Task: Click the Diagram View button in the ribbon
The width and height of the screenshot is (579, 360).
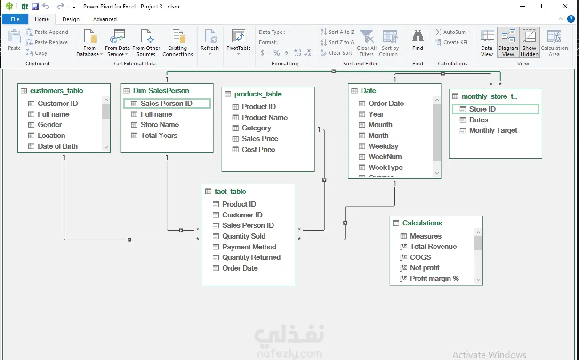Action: click(508, 43)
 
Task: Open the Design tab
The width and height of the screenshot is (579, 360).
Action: click(71, 19)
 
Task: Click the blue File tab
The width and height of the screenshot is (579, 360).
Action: click(15, 19)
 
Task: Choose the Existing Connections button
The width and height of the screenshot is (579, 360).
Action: click(177, 43)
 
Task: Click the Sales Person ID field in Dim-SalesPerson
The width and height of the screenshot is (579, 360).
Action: click(167, 104)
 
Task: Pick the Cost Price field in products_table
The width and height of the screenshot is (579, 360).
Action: click(258, 149)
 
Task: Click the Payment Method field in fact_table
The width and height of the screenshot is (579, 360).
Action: click(249, 247)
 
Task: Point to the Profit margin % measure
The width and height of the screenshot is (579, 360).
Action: click(434, 278)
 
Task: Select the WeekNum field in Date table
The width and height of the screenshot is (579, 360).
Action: click(385, 157)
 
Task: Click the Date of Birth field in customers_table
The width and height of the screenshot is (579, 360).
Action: click(57, 146)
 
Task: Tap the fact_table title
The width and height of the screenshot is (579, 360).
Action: click(230, 192)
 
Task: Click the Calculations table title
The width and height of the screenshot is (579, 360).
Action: click(422, 223)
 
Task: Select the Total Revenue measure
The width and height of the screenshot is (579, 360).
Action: click(433, 247)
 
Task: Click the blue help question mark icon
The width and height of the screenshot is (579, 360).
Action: click(571, 19)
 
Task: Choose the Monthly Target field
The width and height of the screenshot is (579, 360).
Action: click(493, 130)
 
